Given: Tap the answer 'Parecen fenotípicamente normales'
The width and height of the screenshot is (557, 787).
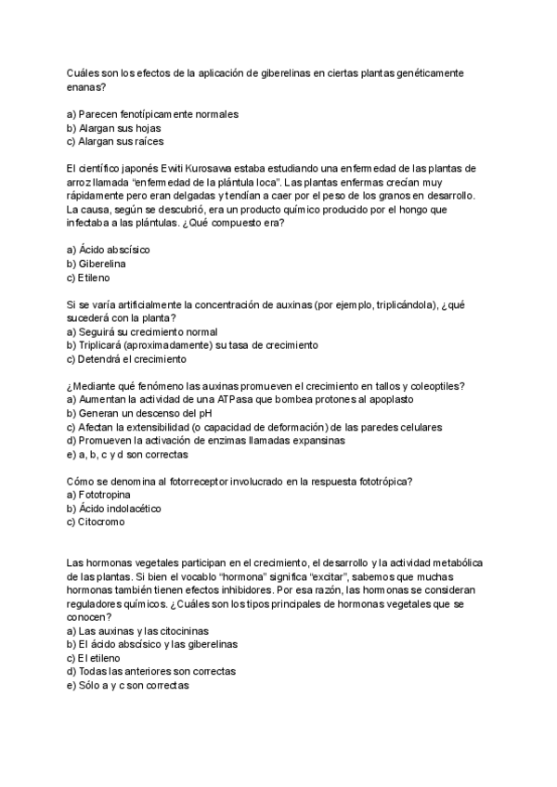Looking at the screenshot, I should pos(153,113).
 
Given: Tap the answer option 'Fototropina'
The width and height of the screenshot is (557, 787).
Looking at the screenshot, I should pos(107,495).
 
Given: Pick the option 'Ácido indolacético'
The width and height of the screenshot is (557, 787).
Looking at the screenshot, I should pos(115,509).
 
